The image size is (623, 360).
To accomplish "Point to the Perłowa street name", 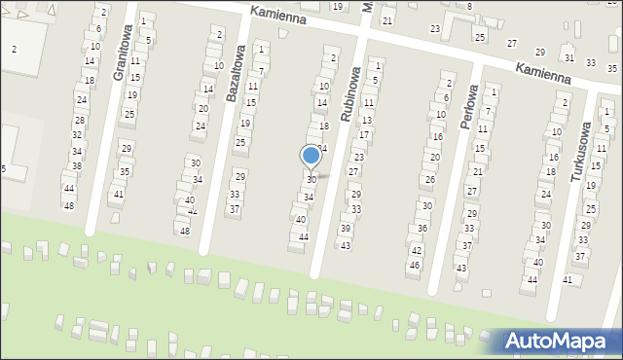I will click(x=469, y=100).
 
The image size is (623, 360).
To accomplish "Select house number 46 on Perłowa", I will click(x=415, y=265).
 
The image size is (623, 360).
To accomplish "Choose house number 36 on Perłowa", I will click(x=422, y=228).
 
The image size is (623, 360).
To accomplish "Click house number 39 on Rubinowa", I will click(x=346, y=228).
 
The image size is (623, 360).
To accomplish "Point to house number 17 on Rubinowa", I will click(x=364, y=134).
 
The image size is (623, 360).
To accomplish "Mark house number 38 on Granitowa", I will click(x=76, y=165).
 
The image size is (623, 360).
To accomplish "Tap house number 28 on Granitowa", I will click(x=80, y=120).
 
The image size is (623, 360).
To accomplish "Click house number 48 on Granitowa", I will click(x=68, y=205).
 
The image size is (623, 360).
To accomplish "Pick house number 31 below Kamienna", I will click(x=569, y=58).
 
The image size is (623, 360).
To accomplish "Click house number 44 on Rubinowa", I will click(x=304, y=236).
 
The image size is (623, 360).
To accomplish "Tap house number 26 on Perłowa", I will click(x=429, y=179).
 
